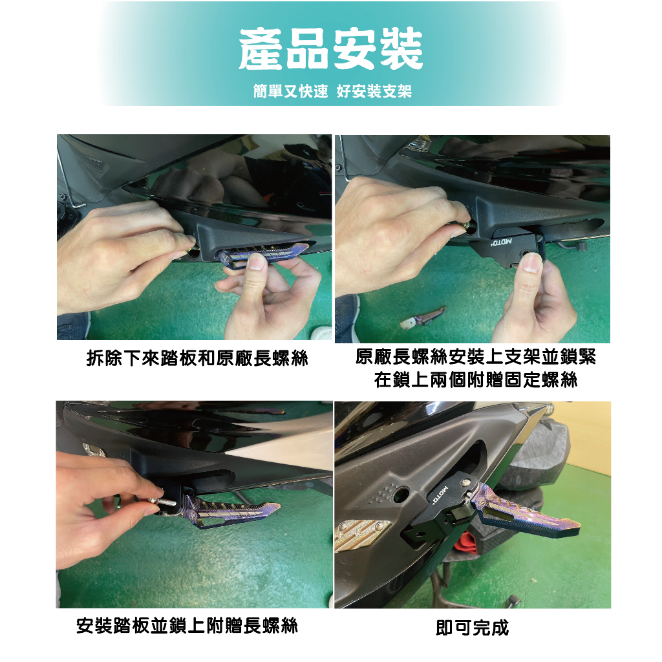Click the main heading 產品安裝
[x=330, y=49]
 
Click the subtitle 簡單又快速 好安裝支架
[x=332, y=91]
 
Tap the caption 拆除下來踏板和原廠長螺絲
[x=197, y=358]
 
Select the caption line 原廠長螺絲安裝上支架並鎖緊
[x=475, y=357]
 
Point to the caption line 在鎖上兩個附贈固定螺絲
[x=475, y=379]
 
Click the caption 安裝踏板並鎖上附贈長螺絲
[x=187, y=626]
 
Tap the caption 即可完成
[x=473, y=628]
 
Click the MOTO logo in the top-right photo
[x=501, y=242]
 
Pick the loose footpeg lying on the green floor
[x=423, y=317]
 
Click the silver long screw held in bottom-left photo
[x=162, y=501]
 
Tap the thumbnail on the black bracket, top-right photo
[x=531, y=262]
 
